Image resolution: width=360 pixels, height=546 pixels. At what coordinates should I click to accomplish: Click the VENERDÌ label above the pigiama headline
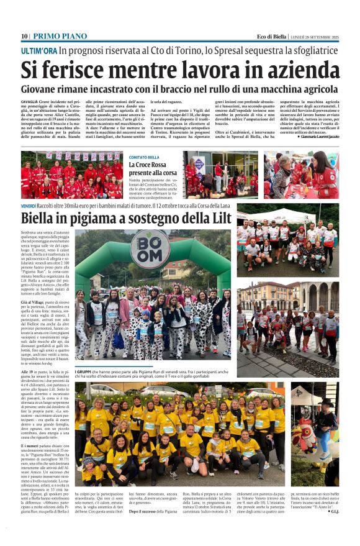29,206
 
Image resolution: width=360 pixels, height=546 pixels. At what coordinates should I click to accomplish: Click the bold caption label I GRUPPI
84,370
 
